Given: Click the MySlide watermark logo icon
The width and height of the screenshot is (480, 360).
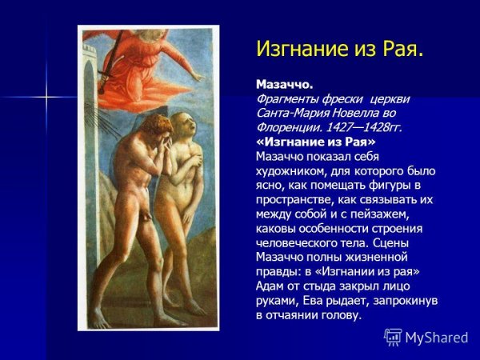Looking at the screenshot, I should coord(393,337).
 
